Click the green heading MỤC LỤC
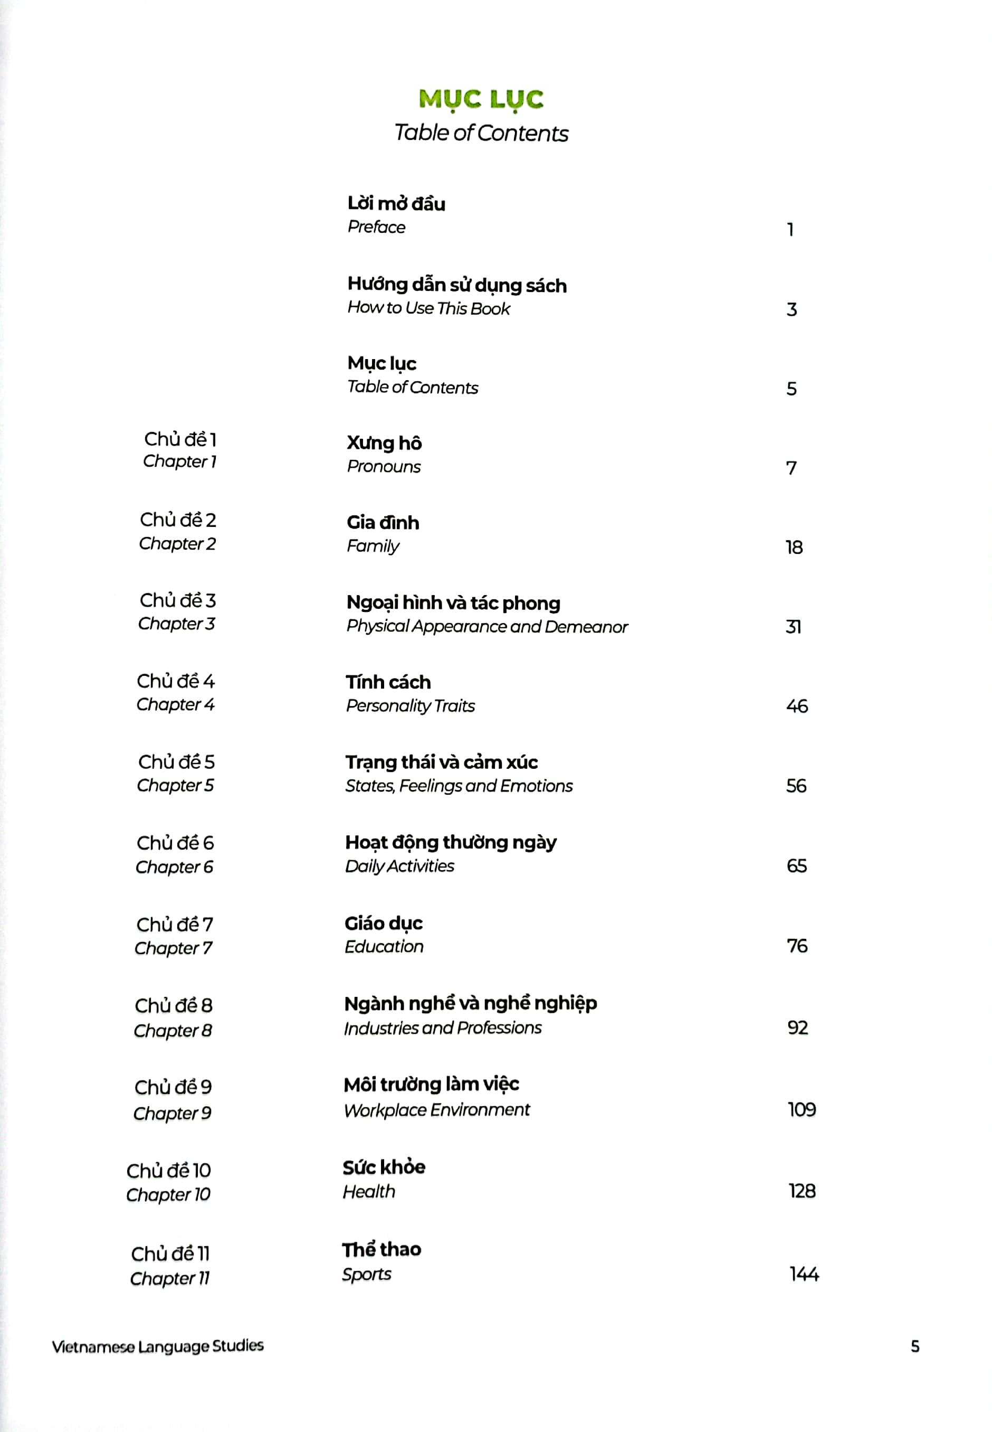pyautogui.click(x=481, y=99)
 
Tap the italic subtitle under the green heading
pyautogui.click(x=481, y=133)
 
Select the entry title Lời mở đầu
pyautogui.click(x=396, y=203)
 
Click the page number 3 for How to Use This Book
pyautogui.click(x=791, y=309)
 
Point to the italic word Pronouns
pyautogui.click(x=384, y=466)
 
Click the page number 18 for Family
pyautogui.click(x=794, y=547)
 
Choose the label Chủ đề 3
pyautogui.click(x=178, y=601)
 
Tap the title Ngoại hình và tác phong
pyautogui.click(x=453, y=602)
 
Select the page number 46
pyautogui.click(x=796, y=706)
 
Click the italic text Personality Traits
pyautogui.click(x=410, y=706)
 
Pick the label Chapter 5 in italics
pyautogui.click(x=175, y=785)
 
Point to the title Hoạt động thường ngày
pyautogui.click(x=451, y=843)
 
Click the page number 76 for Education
pyautogui.click(x=797, y=946)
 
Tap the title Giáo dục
pyautogui.click(x=384, y=924)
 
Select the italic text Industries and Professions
pyautogui.click(x=443, y=1028)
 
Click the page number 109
pyautogui.click(x=801, y=1109)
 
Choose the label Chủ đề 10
pyautogui.click(x=168, y=1171)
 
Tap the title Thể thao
pyautogui.click(x=381, y=1249)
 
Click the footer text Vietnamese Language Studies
pyautogui.click(x=158, y=1346)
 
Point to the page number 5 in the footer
pyautogui.click(x=914, y=1346)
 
